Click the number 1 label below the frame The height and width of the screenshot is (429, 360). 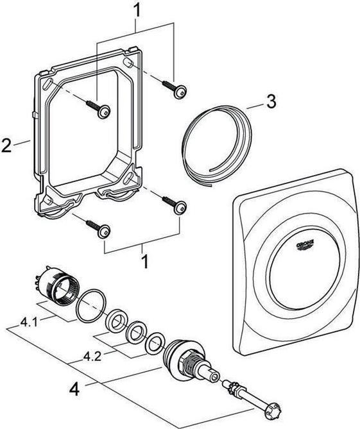pos(144,262)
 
